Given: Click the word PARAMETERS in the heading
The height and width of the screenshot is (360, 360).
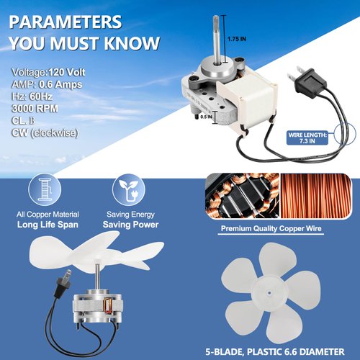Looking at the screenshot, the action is (66, 22).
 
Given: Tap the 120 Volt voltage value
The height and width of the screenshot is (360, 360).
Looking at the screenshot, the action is (67, 72).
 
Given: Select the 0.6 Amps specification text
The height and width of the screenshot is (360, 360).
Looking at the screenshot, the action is (60, 84).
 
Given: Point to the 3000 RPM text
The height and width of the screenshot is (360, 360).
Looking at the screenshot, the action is (35, 109).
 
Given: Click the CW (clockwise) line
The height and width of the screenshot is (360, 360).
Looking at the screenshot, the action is (45, 132).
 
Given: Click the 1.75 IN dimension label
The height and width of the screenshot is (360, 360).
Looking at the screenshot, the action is (237, 39).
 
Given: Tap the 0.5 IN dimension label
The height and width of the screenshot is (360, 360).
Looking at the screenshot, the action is (206, 117).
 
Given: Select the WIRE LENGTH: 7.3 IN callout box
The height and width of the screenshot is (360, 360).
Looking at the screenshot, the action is (307, 138).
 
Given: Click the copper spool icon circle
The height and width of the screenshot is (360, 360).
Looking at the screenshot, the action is (45, 189).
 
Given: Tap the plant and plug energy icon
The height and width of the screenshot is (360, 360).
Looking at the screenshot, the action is (129, 189).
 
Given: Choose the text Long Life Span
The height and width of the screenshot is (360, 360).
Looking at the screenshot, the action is (48, 225).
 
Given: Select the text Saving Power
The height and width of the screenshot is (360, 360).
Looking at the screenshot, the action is (130, 225).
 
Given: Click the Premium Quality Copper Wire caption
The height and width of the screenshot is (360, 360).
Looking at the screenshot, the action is (271, 228).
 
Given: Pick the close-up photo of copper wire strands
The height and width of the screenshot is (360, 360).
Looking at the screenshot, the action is (316, 196).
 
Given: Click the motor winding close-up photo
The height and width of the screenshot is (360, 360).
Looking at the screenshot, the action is (243, 196).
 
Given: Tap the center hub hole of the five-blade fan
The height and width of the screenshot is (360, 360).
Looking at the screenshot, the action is (269, 292).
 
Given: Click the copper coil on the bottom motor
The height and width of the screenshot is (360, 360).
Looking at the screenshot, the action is (107, 305).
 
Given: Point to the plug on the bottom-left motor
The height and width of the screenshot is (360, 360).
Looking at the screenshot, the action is (64, 281).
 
